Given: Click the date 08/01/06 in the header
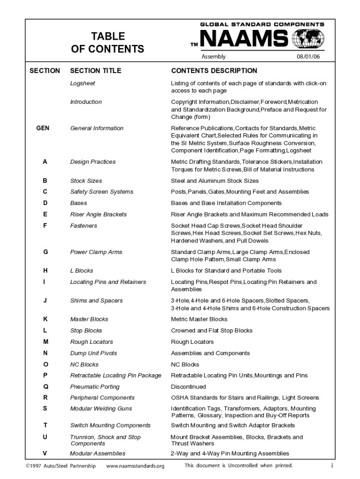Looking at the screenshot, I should (308, 57).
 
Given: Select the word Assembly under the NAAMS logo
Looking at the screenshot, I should (213, 57).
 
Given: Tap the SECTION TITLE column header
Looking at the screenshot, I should (95, 71).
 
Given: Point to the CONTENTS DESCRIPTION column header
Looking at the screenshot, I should (214, 71).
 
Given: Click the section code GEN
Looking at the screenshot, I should (43, 128).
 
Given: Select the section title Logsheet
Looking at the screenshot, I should (82, 83).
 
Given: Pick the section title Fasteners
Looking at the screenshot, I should (84, 226).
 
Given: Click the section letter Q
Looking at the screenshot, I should (45, 387).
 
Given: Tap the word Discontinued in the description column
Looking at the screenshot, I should (188, 387).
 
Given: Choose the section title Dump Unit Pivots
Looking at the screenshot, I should (94, 353).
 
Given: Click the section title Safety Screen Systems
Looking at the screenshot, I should (101, 192).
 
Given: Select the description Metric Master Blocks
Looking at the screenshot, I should (199, 319).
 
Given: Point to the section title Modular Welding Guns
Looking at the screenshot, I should (101, 409).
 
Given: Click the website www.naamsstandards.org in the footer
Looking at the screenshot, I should (135, 466).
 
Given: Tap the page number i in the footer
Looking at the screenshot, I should (331, 466).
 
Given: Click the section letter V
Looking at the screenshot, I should (45, 453).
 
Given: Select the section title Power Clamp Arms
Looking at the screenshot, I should (96, 252).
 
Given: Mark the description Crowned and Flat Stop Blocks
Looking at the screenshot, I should (211, 331).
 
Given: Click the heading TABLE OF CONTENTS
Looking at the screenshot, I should (108, 43).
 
